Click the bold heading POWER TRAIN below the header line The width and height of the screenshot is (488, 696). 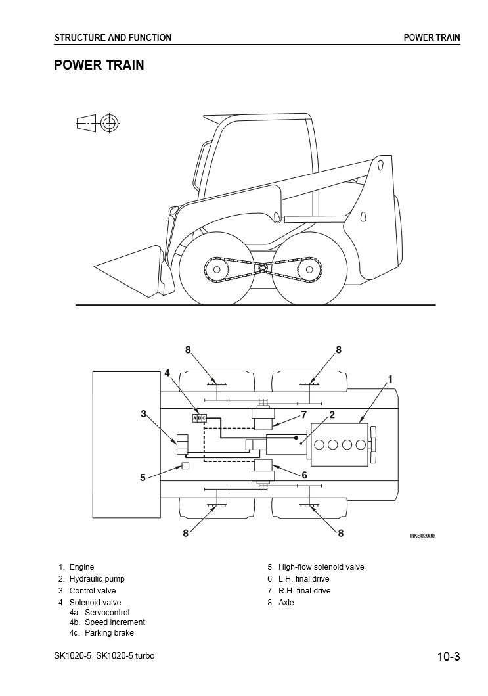[x=99, y=65]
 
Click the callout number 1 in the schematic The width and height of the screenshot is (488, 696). [x=391, y=379]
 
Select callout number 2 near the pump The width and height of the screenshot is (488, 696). [x=332, y=415]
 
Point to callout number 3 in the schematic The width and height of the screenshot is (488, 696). [x=143, y=413]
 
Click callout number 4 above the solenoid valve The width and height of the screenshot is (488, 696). [x=167, y=373]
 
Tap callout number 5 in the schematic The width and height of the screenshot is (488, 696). [x=143, y=478]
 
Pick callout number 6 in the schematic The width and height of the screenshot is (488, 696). [x=304, y=475]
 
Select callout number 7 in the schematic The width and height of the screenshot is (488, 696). [x=304, y=415]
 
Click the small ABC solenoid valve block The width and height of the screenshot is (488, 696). [x=199, y=418]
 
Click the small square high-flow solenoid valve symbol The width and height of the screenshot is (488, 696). [x=185, y=466]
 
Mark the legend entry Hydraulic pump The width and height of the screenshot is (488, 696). [x=97, y=579]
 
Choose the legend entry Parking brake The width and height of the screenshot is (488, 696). [x=109, y=633]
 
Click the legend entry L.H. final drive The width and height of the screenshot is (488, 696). [x=303, y=579]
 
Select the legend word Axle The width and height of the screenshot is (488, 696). [x=286, y=603]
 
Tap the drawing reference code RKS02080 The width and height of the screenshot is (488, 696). [x=422, y=535]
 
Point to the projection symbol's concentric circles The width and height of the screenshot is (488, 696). [x=110, y=122]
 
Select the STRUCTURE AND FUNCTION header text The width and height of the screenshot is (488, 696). [x=113, y=37]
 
